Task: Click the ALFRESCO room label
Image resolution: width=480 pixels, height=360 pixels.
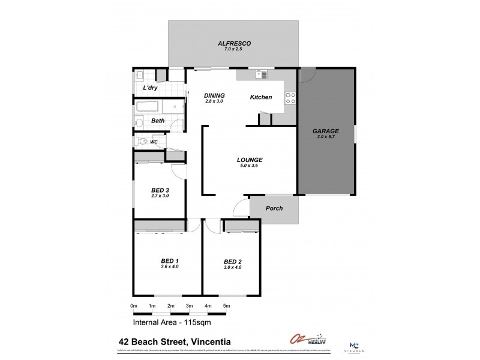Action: tap(233, 43)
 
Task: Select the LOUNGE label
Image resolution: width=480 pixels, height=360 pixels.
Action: tap(250, 160)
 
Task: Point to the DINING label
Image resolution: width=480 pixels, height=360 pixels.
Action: tap(214, 95)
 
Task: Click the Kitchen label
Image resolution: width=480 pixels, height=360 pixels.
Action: tap(261, 97)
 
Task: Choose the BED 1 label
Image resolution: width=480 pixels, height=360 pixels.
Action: tap(170, 260)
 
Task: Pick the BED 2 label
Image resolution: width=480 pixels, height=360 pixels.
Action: tap(232, 262)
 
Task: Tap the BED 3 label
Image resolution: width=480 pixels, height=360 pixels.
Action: tap(160, 190)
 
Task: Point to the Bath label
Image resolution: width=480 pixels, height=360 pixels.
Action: tap(158, 121)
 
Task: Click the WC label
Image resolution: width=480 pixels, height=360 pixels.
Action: tap(154, 142)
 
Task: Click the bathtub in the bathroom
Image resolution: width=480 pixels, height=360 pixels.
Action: tap(148, 108)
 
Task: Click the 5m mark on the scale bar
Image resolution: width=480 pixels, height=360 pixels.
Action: tap(227, 306)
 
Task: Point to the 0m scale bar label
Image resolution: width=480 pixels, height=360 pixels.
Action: tap(134, 306)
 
